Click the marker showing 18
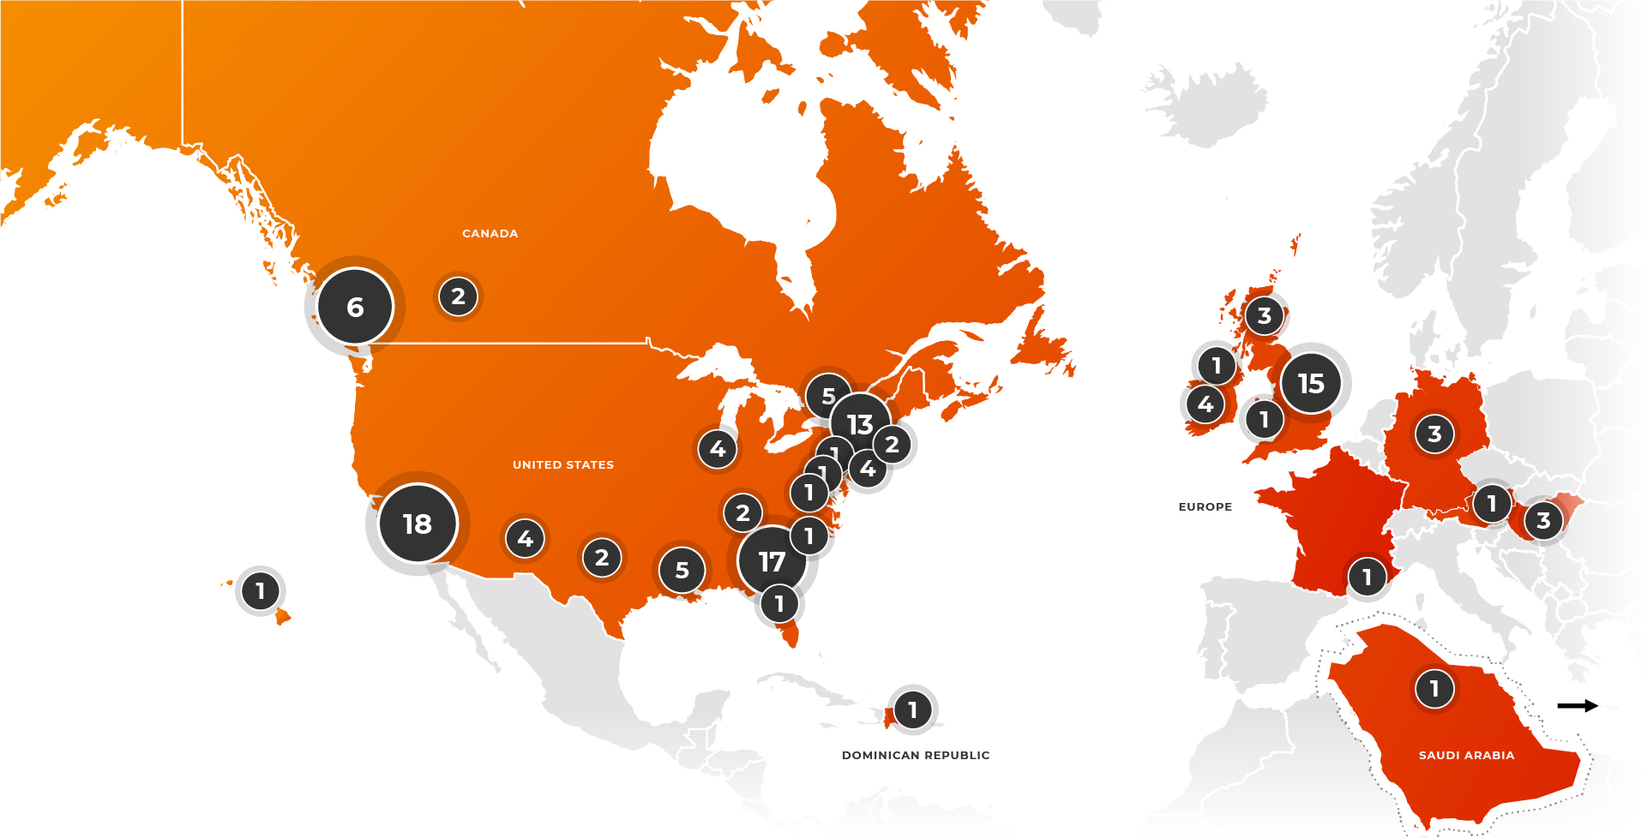coord(418,524)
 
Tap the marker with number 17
coord(772,561)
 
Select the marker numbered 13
coord(860,423)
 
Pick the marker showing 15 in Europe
coord(1310,383)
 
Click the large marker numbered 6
coord(355,307)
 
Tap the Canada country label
coord(490,233)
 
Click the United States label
coord(563,464)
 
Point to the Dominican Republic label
coord(916,755)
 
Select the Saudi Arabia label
coord(1466,755)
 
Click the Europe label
coord(1205,506)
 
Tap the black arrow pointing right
coord(1578,705)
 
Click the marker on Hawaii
coord(260,590)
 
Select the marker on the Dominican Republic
coord(912,709)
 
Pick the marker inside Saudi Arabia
coord(1434,688)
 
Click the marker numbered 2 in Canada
coord(458,296)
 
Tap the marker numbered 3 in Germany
coord(1434,434)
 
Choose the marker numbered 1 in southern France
coord(1367,577)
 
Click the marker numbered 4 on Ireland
coord(1205,404)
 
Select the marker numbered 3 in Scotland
coord(1264,315)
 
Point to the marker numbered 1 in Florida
coord(779,603)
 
